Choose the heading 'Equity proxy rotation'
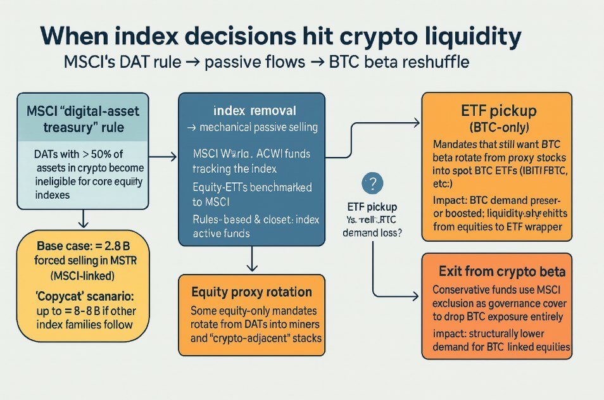[x=251, y=292]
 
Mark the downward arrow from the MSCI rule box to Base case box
[x=83, y=219]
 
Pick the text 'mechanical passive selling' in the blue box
[x=258, y=127]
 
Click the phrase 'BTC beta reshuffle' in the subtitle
[x=400, y=63]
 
